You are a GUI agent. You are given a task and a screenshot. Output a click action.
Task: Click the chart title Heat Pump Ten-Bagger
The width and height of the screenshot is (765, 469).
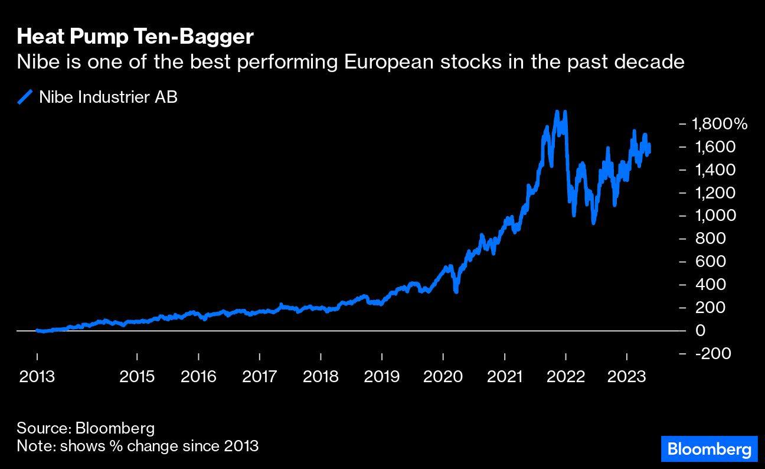[135, 37]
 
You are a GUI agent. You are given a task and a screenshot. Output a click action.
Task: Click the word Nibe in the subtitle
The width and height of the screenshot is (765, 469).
[34, 62]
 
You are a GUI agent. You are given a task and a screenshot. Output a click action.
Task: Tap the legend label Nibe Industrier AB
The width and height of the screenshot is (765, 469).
[108, 97]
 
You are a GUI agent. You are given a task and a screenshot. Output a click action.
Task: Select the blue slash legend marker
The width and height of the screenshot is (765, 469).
[25, 97]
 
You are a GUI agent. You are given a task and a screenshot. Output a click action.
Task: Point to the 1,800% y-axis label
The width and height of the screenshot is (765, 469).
[720, 124]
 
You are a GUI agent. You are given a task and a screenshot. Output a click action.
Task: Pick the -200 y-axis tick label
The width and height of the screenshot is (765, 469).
[713, 353]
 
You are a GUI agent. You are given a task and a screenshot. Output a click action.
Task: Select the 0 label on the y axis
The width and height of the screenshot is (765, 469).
[701, 330]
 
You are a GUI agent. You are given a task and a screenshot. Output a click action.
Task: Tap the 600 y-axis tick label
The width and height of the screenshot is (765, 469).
[710, 262]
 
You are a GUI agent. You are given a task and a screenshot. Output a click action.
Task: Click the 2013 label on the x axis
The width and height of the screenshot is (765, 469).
[37, 377]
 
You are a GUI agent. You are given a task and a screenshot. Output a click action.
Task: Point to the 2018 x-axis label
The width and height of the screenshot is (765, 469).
[321, 377]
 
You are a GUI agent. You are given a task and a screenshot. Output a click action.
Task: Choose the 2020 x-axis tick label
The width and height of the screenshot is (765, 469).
[443, 377]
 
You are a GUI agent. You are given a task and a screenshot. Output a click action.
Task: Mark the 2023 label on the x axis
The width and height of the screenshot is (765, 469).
[627, 377]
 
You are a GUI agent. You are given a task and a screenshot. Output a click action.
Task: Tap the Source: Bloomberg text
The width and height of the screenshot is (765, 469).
[86, 428]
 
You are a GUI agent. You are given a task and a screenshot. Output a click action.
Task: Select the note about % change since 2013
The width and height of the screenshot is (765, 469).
[138, 445]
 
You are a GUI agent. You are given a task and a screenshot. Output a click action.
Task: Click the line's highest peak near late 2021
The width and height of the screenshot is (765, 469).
[556, 112]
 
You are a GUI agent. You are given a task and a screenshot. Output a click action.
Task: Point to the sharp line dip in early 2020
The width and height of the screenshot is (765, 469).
[456, 291]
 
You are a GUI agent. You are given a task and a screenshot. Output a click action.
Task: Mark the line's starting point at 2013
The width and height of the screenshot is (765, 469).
[37, 330]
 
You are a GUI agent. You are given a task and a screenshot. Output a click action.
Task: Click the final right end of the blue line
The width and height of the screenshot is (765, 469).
[649, 152]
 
